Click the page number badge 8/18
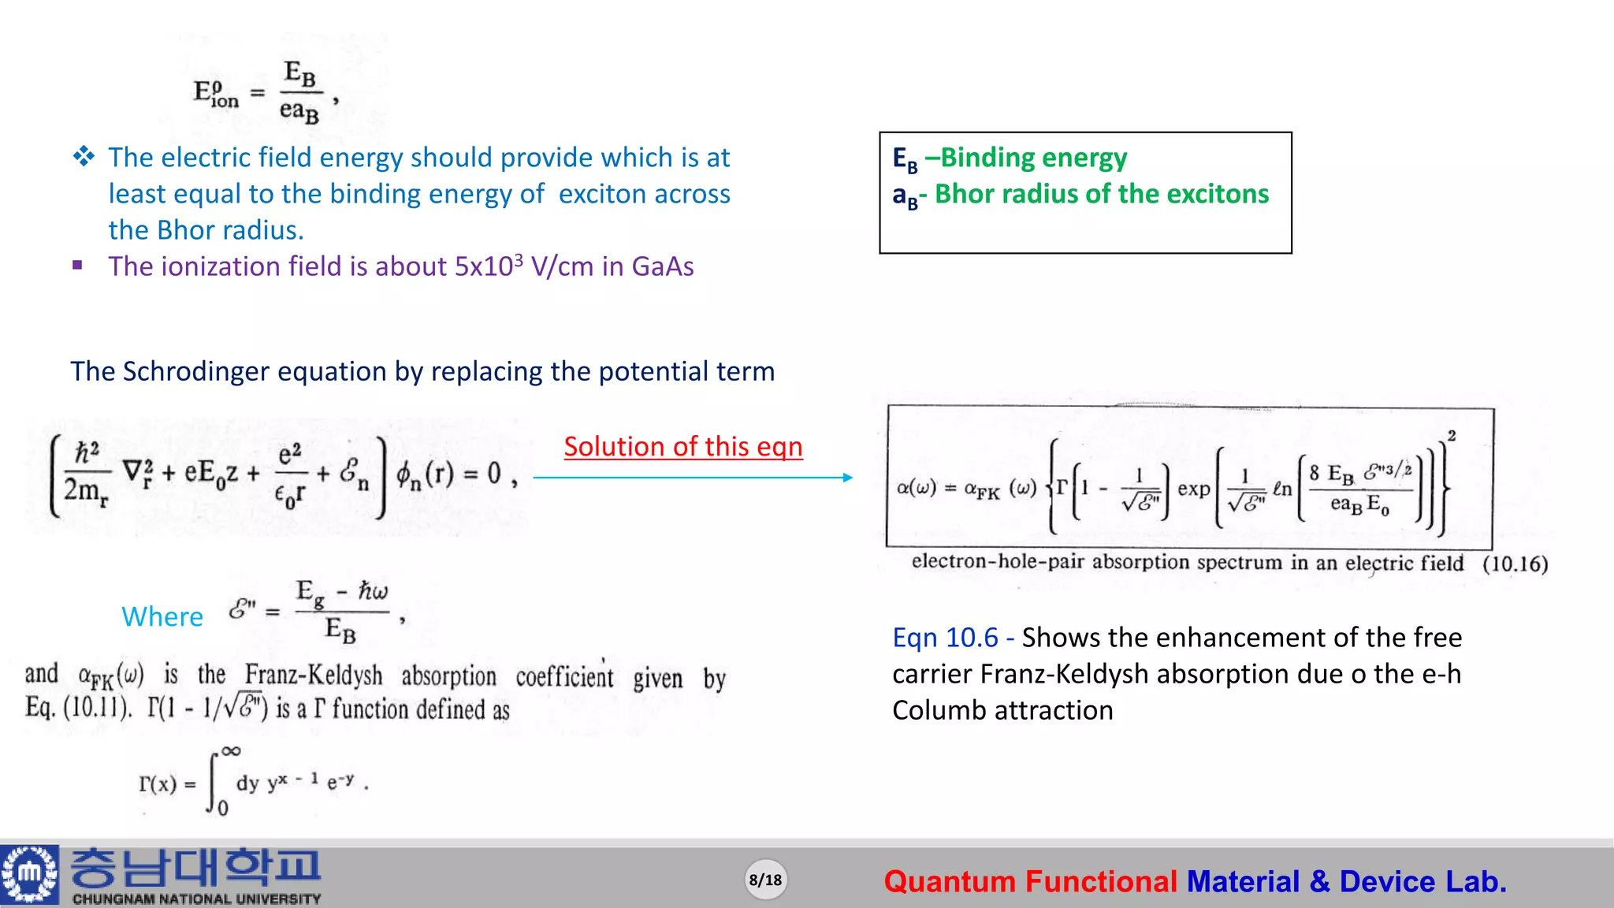click(765, 880)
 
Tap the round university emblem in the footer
click(30, 874)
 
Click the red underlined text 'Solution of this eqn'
click(683, 447)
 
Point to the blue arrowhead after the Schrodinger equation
click(847, 477)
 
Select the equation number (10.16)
click(1515, 564)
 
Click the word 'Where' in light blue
click(162, 616)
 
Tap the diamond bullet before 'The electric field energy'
click(84, 156)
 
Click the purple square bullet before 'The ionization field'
click(77, 266)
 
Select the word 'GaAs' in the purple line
click(663, 266)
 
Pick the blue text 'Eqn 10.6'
click(945, 637)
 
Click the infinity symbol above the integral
click(231, 751)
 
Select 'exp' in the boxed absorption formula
click(1193, 489)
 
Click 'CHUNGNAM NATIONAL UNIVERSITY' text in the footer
click(197, 899)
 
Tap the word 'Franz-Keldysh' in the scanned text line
click(314, 675)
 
